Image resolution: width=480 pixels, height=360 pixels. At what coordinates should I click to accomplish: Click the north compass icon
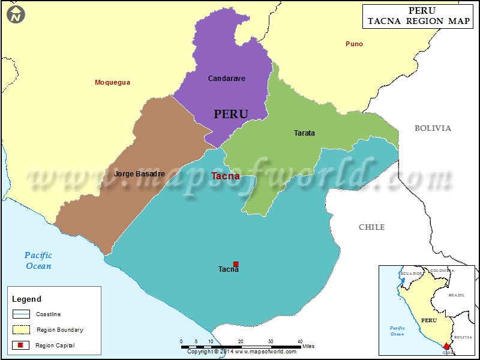point(17,14)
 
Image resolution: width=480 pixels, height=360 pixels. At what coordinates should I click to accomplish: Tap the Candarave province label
point(226,79)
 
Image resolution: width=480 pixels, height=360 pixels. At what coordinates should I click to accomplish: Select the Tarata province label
point(304,133)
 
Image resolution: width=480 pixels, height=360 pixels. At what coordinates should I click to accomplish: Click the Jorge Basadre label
point(139,174)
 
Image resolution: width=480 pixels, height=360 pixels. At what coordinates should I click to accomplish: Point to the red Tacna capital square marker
point(236,264)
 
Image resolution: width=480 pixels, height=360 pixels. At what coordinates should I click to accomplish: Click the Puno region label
point(354,44)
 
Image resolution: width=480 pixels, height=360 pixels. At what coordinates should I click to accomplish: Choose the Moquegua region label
point(112,82)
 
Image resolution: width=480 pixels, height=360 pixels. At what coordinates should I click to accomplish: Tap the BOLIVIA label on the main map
point(433,128)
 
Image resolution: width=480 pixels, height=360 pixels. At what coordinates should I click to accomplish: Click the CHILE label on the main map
point(371,227)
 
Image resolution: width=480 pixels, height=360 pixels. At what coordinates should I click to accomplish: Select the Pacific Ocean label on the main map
point(38,260)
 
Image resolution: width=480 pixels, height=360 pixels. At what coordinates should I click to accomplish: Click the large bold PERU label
point(231,114)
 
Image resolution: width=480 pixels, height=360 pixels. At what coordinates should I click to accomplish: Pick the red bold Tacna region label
point(226,176)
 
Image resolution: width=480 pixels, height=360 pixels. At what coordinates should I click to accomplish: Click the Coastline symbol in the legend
point(21,314)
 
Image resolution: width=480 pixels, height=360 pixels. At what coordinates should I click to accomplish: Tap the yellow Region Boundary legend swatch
point(21,329)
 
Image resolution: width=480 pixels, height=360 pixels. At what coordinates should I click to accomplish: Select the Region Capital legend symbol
point(21,345)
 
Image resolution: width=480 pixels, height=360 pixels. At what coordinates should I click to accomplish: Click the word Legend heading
point(27,299)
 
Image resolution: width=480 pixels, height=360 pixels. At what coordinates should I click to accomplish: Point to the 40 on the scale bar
point(300,341)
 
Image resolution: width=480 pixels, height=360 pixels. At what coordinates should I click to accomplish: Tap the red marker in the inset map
point(446,346)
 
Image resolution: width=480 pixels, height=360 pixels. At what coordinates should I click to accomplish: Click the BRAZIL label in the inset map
point(457,295)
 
